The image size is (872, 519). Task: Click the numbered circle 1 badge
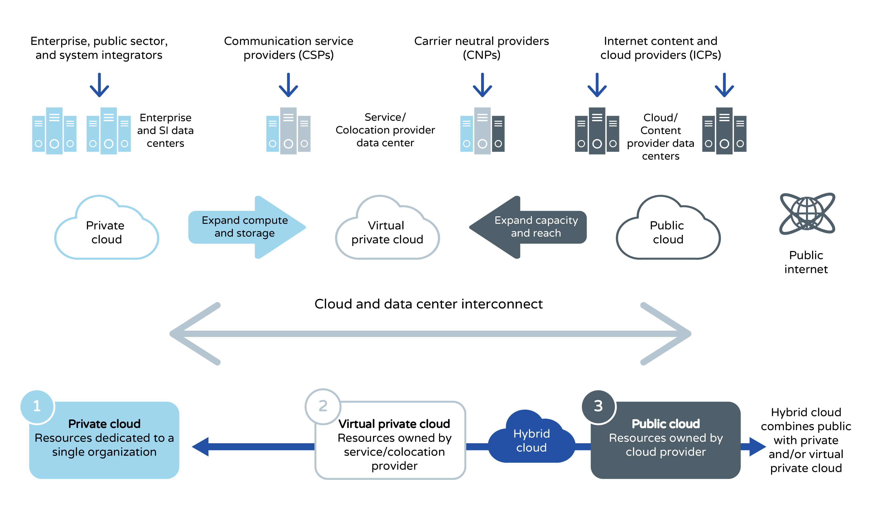pyautogui.click(x=37, y=406)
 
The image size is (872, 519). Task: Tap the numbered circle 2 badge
pyautogui.click(x=323, y=406)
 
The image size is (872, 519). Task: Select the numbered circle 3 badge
pyautogui.click(x=598, y=406)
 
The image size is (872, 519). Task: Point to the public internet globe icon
pyautogui.click(x=807, y=213)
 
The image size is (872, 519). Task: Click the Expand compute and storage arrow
pyautogui.click(x=246, y=227)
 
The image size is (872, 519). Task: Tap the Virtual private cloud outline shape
pyautogui.click(x=387, y=231)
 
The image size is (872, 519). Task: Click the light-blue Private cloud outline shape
pyautogui.click(x=106, y=231)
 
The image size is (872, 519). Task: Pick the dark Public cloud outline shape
pyautogui.click(x=668, y=231)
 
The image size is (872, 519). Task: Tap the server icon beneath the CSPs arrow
pyautogui.click(x=288, y=131)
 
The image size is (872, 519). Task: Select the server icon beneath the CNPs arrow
pyautogui.click(x=482, y=131)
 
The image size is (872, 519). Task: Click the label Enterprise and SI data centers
pyautogui.click(x=165, y=131)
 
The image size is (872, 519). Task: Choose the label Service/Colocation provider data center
pyautogui.click(x=385, y=130)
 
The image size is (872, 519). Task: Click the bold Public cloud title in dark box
pyautogui.click(x=666, y=424)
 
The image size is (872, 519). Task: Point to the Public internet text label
pyautogui.click(x=806, y=262)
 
